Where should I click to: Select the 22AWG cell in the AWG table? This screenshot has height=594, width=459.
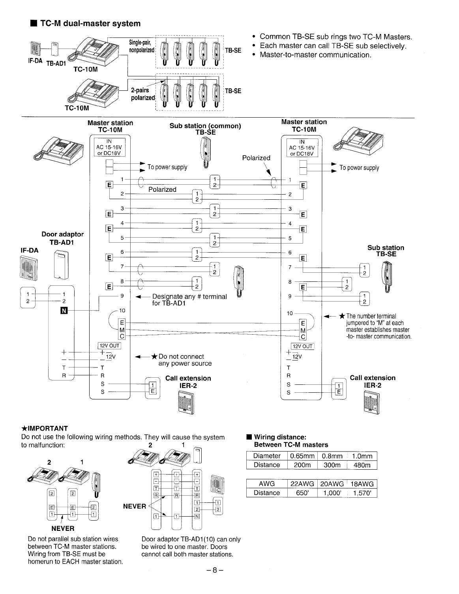(302, 484)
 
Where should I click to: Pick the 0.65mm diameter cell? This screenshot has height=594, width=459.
(302, 456)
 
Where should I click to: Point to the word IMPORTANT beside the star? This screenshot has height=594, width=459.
(47, 428)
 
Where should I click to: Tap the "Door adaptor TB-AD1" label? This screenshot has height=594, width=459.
(62, 238)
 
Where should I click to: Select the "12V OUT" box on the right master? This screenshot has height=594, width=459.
(302, 347)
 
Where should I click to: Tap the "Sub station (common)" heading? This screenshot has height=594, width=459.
(205, 126)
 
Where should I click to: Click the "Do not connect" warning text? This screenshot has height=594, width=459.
(181, 356)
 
